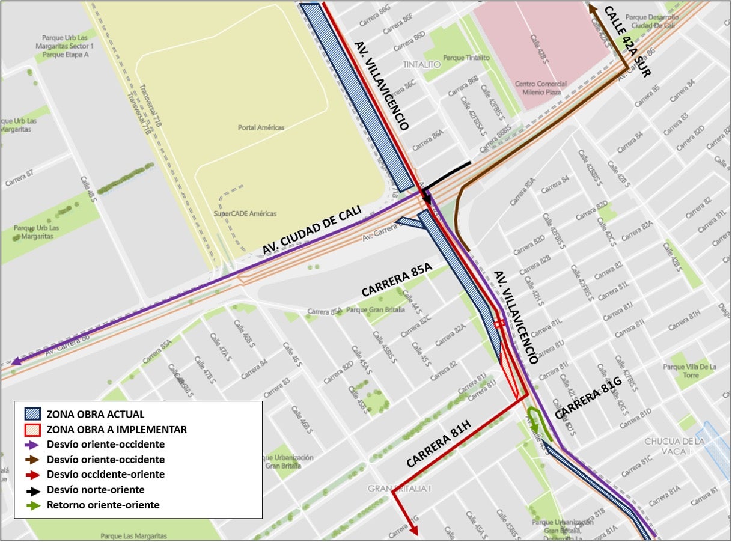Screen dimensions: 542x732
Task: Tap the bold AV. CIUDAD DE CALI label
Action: tap(311, 231)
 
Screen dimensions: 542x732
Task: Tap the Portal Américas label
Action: tap(261, 127)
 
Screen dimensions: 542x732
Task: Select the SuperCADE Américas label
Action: tap(245, 213)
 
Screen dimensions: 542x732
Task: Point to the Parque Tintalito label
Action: tap(466, 58)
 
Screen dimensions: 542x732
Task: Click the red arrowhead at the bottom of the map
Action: tap(413, 529)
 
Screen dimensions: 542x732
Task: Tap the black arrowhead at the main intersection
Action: tap(426, 198)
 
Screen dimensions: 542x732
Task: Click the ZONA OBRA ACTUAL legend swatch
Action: tap(32, 415)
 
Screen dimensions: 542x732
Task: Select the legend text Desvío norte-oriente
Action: tap(96, 490)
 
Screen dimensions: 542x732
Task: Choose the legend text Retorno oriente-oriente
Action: tap(103, 505)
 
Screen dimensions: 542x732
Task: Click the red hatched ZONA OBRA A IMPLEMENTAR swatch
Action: tap(32, 430)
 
